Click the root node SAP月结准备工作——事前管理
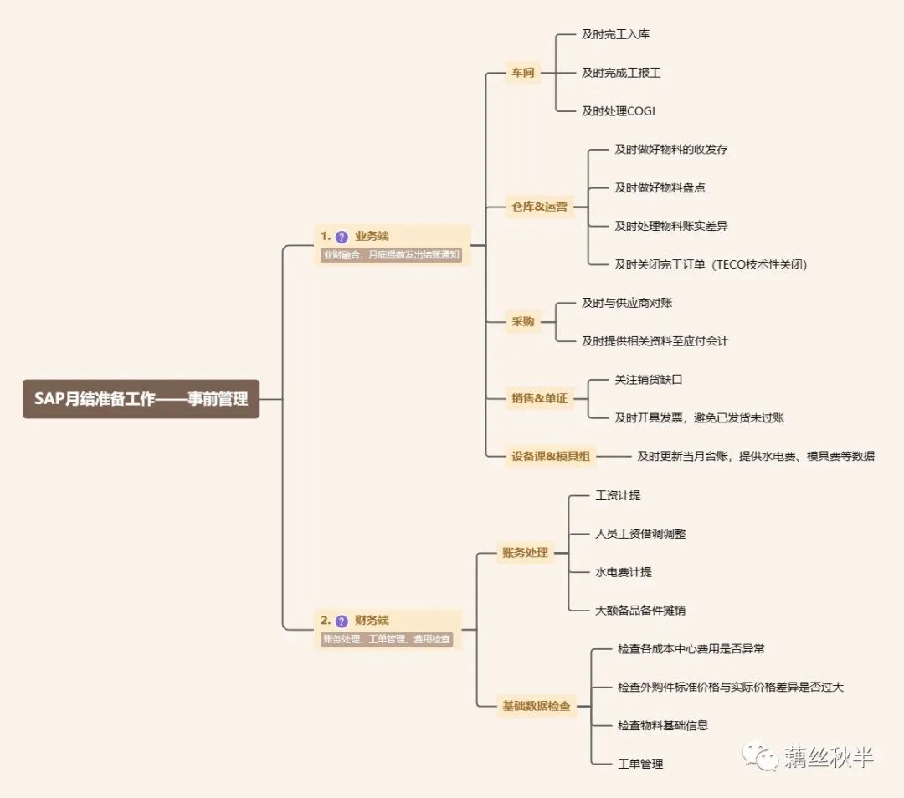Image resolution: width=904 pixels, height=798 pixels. point(141,399)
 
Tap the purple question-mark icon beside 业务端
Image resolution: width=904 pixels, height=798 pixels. point(342,237)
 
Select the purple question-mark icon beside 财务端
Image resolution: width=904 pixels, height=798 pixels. point(342,621)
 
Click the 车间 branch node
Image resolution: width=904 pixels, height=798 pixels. point(523,73)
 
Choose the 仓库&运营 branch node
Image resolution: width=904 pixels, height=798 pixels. point(540,207)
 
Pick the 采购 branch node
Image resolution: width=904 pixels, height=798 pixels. point(523,321)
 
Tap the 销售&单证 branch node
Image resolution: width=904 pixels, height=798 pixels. point(540,398)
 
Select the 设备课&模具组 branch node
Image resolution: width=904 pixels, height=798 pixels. point(551,456)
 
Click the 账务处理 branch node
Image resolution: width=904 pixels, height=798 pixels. point(525,552)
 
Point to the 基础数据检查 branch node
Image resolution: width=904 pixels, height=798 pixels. point(536,706)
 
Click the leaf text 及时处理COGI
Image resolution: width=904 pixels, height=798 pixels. point(619,111)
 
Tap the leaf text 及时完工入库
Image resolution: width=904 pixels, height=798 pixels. point(615,34)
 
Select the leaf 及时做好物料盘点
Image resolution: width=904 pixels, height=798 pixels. point(660,187)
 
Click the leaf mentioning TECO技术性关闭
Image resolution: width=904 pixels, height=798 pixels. point(711,264)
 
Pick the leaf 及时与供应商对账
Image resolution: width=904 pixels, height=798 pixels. point(627,303)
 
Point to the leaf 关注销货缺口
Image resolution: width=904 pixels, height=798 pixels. point(649,380)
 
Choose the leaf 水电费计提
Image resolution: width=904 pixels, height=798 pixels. point(623,572)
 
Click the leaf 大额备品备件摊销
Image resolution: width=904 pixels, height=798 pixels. point(639,611)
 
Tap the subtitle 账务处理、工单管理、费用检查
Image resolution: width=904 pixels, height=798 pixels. point(387,639)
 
